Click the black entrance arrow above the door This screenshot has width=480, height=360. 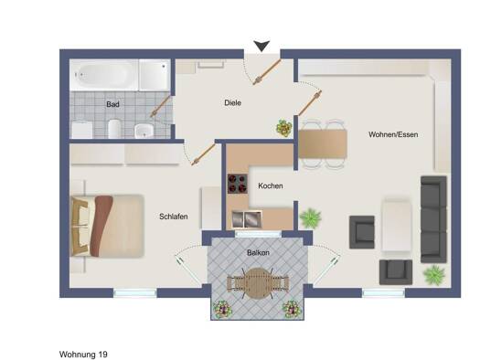tap(261, 46)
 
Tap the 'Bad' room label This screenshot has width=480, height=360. tap(112, 104)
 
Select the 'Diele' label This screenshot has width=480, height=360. tap(232, 102)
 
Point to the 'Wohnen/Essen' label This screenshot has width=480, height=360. tap(393, 134)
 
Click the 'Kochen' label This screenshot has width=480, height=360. tap(271, 185)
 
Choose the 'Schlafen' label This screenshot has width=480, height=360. tap(174, 217)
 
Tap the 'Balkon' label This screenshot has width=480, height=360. tap(258, 253)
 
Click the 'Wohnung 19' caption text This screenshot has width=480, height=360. tap(83, 355)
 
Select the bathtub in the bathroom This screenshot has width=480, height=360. tap(104, 75)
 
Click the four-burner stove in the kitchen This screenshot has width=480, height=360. tap(238, 184)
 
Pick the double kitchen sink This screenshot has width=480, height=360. tap(247, 219)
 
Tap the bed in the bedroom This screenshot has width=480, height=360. tap(107, 226)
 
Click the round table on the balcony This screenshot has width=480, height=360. tap(258, 283)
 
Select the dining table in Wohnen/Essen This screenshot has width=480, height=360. tap(323, 143)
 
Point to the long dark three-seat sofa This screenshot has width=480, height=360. tap(433, 219)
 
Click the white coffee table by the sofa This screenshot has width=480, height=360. tap(396, 225)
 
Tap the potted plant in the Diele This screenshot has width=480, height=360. tap(284, 128)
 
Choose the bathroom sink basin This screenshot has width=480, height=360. tap(144, 131)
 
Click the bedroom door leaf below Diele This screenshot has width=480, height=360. tap(204, 154)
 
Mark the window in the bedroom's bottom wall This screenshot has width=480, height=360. tap(135, 293)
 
